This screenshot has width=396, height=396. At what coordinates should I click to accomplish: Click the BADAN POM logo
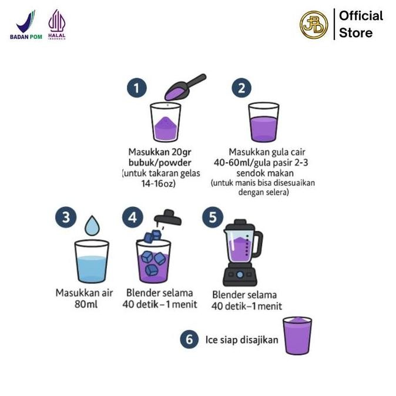coord(26,25)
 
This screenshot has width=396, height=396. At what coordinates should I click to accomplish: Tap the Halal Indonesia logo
coord(57,25)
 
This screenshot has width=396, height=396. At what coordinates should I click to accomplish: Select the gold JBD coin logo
coord(314,25)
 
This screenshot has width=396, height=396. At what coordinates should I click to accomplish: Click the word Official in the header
coord(361,16)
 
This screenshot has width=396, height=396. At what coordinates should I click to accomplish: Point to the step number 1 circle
coord(137,88)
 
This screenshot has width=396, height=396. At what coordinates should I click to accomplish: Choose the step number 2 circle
coord(241,88)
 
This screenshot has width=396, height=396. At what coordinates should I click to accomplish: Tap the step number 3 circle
coord(66,217)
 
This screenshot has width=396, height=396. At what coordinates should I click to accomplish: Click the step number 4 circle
coord(133,217)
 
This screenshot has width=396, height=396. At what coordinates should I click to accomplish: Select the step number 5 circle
coord(213,217)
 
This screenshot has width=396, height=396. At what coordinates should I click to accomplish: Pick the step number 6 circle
coord(189,339)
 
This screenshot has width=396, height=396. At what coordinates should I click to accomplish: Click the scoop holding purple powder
coord(184,87)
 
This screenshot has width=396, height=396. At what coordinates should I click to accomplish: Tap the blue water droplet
coord(92,226)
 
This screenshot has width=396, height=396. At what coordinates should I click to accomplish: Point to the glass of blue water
coord(92,261)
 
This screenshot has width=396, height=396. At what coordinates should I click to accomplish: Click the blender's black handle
coord(258,244)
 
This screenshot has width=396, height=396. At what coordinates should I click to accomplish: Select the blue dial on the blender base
coord(240,274)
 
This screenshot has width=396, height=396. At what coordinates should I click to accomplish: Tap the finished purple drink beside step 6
coord(297,335)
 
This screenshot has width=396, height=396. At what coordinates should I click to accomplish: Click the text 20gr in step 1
coord(182,152)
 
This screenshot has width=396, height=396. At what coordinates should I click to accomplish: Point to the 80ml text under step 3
coord(86,304)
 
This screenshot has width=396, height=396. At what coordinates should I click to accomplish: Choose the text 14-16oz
coord(159,183)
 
